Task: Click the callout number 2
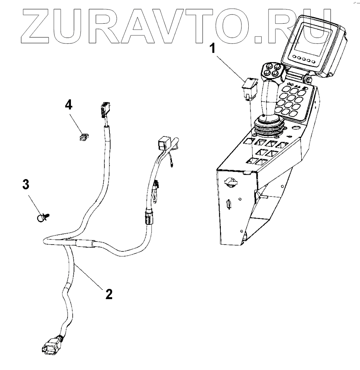(109, 294)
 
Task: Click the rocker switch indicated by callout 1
(249, 87)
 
